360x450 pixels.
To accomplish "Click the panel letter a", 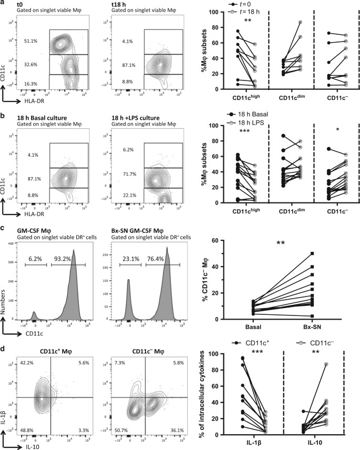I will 3,4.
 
